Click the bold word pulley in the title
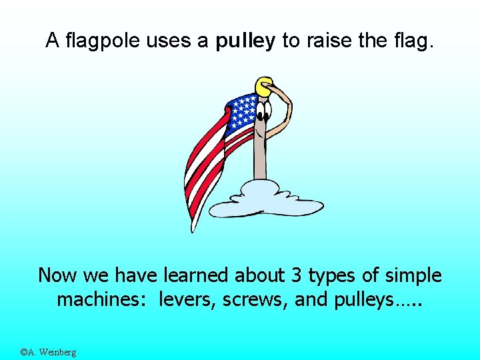click(245, 42)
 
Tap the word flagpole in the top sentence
click(103, 42)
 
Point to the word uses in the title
click(169, 42)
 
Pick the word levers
click(185, 300)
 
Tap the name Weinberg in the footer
click(58, 352)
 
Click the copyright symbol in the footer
click(23, 352)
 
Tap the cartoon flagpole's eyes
click(264, 107)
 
